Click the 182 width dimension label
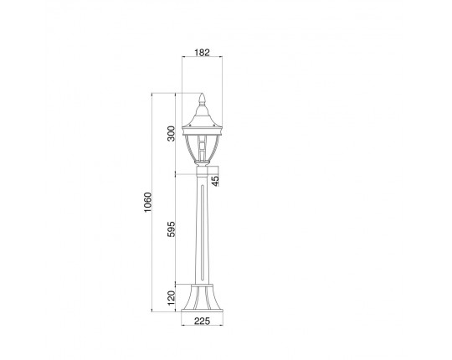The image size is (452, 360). [x=202, y=53]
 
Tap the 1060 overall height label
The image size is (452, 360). [x=147, y=203]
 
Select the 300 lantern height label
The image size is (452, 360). [x=172, y=133]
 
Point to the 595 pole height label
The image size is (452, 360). [x=172, y=229]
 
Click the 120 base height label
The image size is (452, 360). [x=172, y=298]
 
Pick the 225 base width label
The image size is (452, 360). [x=202, y=321]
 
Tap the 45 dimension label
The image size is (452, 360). [x=215, y=181]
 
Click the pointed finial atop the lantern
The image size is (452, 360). [x=202, y=99]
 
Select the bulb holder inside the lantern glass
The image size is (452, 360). [x=202, y=147]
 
